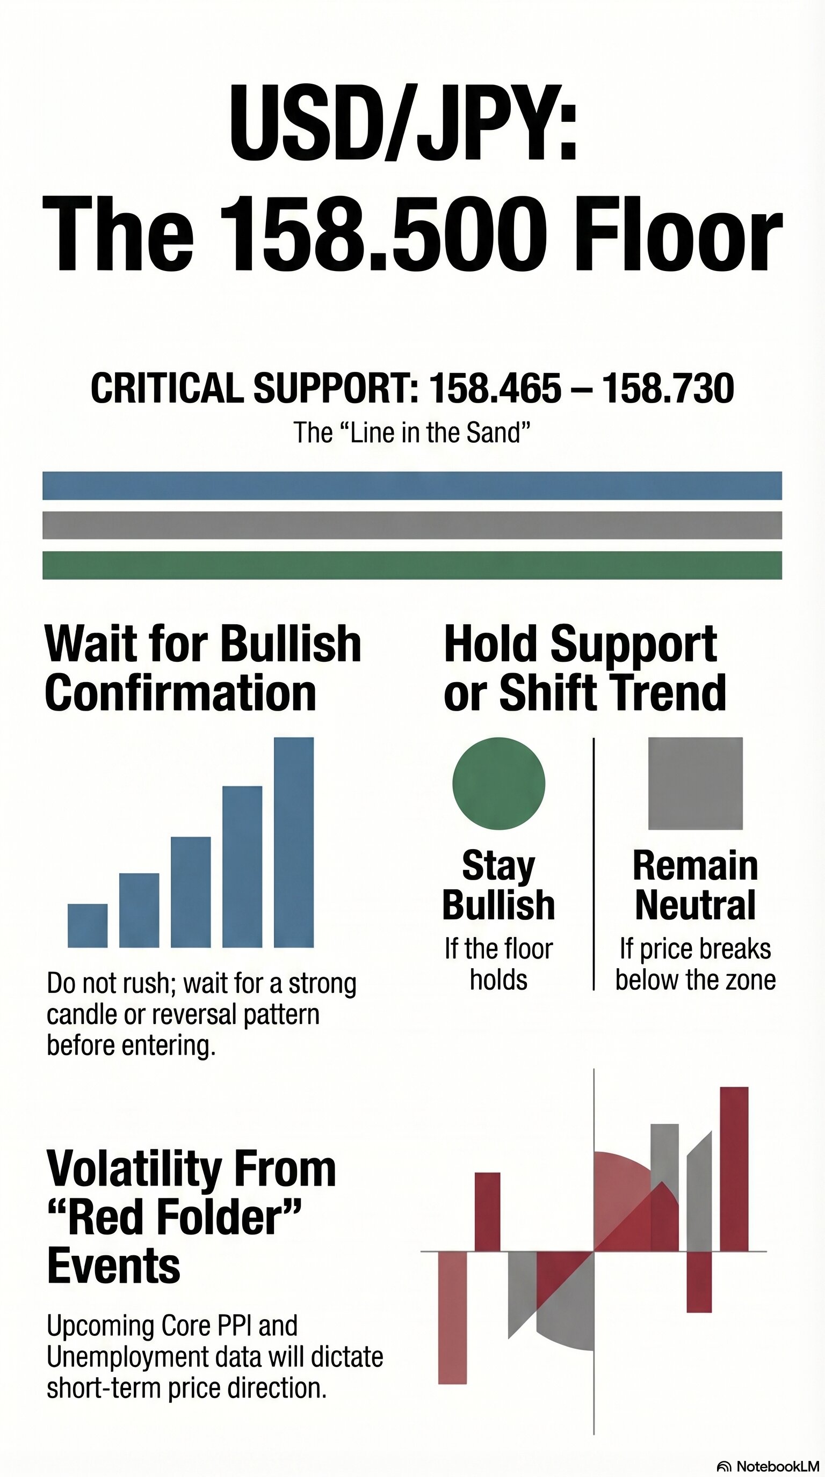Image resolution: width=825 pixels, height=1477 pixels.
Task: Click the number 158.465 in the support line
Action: click(495, 388)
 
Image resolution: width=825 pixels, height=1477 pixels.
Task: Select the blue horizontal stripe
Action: click(412, 486)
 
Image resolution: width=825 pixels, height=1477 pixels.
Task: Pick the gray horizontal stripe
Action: click(412, 525)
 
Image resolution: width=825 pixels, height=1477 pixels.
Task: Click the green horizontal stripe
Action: click(412, 565)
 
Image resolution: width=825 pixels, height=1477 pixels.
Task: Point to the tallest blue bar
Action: click(294, 842)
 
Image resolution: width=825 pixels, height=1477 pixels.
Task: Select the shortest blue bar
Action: click(87, 925)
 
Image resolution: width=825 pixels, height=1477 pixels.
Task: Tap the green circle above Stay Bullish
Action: click(498, 783)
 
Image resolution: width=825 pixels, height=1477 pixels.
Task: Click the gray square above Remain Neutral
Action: click(696, 783)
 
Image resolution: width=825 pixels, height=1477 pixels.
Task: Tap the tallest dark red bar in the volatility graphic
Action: click(734, 1169)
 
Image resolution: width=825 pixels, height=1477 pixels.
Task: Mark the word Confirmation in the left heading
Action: click(180, 693)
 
